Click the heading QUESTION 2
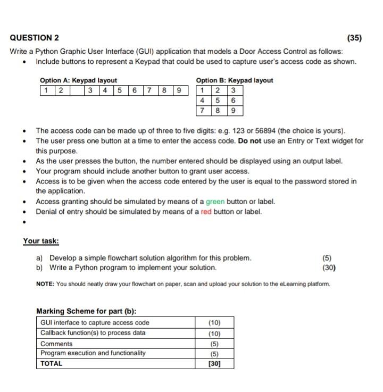tap(35, 38)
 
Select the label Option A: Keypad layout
tap(78, 80)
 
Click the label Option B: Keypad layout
tap(235, 80)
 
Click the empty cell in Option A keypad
tap(78, 90)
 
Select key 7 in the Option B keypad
tap(203, 111)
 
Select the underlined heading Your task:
tap(40, 241)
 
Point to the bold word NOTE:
tap(45, 284)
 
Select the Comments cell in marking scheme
tap(56, 344)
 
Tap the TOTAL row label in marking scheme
tap(51, 364)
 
